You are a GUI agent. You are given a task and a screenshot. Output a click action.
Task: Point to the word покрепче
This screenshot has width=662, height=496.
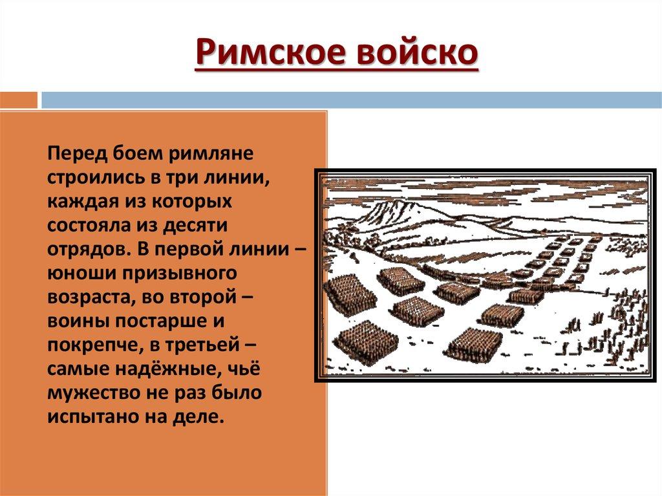point(95,345)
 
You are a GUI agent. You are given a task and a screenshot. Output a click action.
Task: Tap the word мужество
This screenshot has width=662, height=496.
point(93,393)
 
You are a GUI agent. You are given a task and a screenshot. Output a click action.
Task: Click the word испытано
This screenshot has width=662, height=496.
point(92,417)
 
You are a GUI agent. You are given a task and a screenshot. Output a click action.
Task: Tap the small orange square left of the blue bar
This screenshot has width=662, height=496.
point(19,100)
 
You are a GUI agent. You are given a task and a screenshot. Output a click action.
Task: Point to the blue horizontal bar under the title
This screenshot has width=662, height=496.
point(352,100)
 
